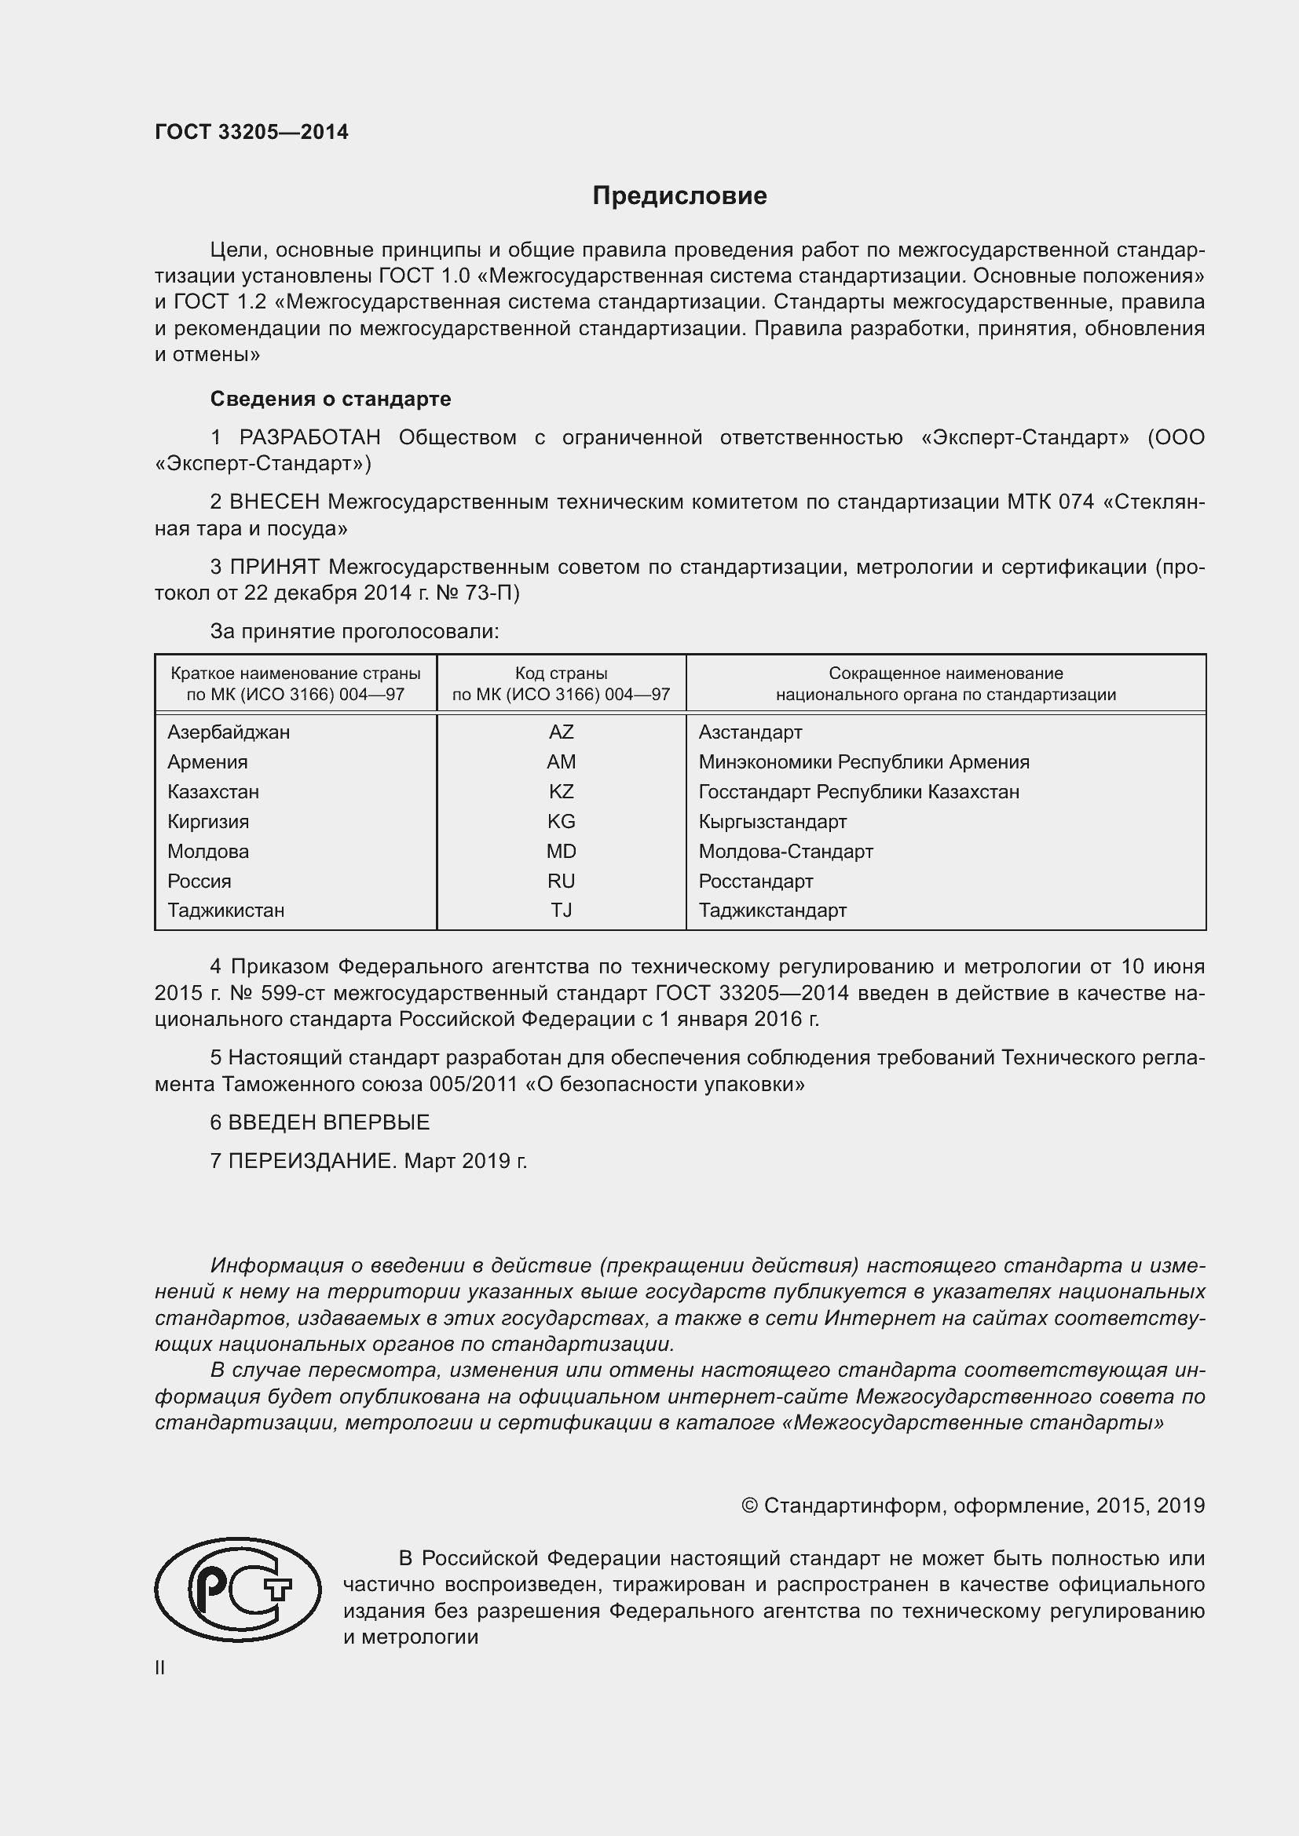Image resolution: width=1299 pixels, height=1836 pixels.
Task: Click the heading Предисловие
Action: coord(679,196)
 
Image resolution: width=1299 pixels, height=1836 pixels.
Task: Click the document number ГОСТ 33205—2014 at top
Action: coord(251,133)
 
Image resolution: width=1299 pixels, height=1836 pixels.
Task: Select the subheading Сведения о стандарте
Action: coord(331,398)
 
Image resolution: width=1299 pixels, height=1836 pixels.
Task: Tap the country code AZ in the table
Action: coord(561,732)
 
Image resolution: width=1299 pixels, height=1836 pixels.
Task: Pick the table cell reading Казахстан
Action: coord(213,792)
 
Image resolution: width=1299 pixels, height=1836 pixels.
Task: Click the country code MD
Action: coord(561,851)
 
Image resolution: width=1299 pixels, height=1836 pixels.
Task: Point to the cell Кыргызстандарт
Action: coord(772,821)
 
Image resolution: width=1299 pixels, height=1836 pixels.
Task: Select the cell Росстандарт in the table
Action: coord(755,881)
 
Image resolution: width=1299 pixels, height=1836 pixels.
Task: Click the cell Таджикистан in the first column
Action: coord(225,910)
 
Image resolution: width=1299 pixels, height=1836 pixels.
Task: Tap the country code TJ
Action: coord(561,910)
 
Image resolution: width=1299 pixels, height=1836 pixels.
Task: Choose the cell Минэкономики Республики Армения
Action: coord(863,761)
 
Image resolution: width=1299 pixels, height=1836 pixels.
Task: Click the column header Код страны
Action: coord(561,673)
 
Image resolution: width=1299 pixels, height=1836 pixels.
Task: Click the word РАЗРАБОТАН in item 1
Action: coord(309,437)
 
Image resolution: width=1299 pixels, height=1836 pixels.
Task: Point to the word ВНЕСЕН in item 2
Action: coord(274,502)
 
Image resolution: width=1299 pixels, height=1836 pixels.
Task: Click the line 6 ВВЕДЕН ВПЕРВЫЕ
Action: coord(320,1122)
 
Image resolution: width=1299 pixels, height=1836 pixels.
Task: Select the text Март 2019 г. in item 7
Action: coord(465,1160)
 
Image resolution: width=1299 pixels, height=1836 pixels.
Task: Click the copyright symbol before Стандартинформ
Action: coord(748,1506)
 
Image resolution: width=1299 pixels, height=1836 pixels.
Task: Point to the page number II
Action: coord(160,1667)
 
